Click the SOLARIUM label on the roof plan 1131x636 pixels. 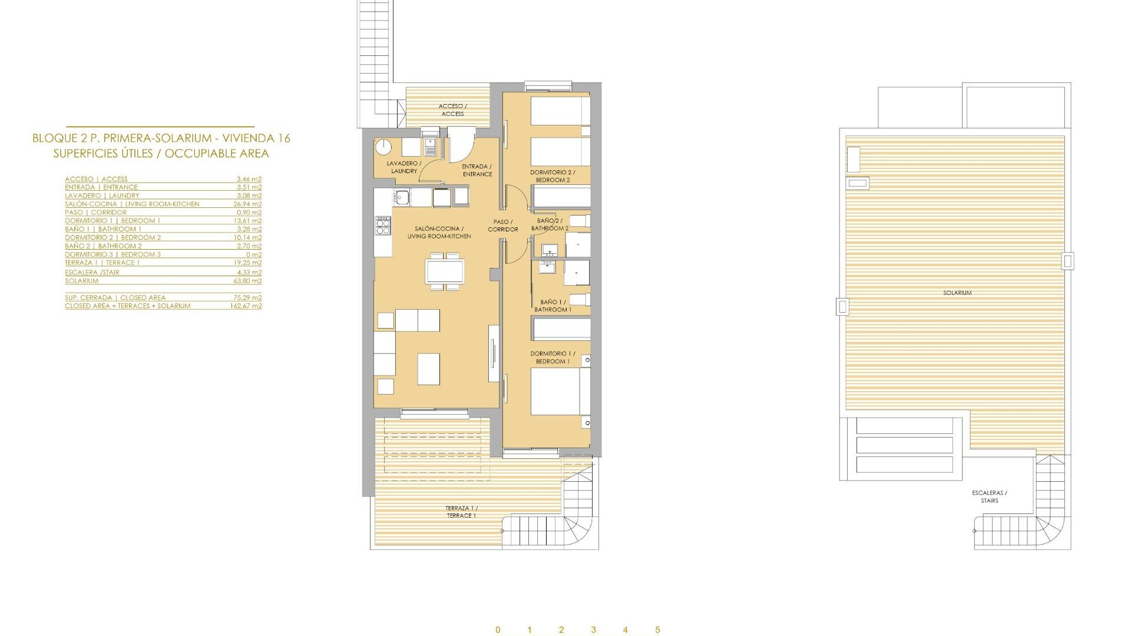(x=957, y=293)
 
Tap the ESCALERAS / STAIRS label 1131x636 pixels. (x=990, y=497)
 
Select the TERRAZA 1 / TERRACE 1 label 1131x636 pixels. (x=461, y=512)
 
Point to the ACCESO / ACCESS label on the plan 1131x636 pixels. (x=452, y=110)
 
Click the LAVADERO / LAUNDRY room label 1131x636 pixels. (x=404, y=167)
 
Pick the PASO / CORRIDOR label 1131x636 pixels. (x=502, y=226)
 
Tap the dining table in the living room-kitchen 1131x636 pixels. (x=445, y=271)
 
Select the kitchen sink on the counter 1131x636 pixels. (x=403, y=197)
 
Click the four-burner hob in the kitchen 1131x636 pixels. (x=383, y=226)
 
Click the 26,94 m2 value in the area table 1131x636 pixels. (x=247, y=204)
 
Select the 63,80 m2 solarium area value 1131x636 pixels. (x=247, y=281)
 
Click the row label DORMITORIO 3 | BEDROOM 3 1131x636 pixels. (x=113, y=254)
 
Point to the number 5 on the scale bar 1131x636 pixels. (x=657, y=630)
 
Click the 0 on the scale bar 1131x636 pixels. (x=498, y=630)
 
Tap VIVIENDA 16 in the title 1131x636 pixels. (x=255, y=138)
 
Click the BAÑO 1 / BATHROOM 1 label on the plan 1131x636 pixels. (x=553, y=306)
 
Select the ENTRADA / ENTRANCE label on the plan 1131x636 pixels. (x=477, y=170)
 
